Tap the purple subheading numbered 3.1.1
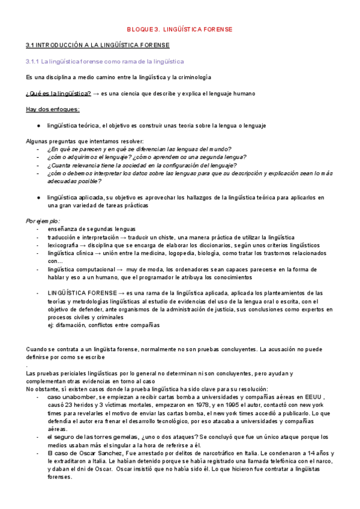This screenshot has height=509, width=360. (105, 61)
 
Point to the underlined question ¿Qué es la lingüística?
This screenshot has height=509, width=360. (58, 94)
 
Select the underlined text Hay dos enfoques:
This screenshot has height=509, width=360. (53, 109)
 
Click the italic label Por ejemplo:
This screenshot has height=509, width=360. (43, 221)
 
